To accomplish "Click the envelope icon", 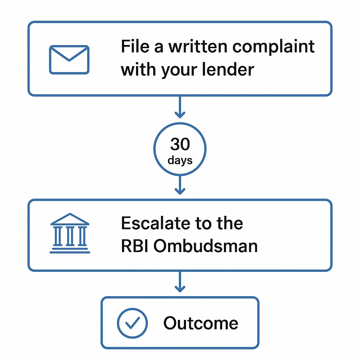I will tap(69, 59).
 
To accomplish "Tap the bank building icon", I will tap(70, 233).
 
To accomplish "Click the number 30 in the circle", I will tap(180, 144).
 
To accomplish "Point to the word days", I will tap(180, 160).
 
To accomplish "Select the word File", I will tap(134, 46).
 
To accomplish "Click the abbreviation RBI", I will tap(135, 246).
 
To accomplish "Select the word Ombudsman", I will tap(206, 246).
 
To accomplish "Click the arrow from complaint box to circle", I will tap(180, 107).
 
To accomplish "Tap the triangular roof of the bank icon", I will tap(70, 220).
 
